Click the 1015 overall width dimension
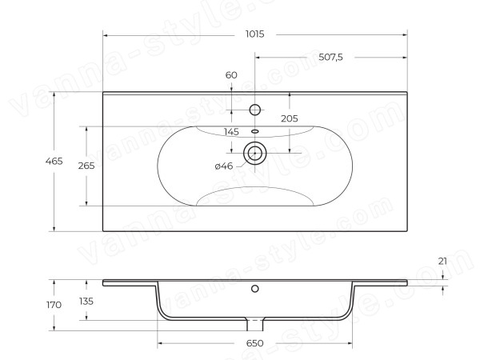point(254,34)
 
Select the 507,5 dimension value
point(330,57)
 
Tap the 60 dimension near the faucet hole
point(231,75)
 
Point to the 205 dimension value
point(290,118)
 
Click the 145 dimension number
point(231,132)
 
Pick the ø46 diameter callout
point(224,166)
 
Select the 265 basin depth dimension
point(86,166)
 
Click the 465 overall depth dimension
point(54,161)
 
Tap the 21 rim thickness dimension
point(442,261)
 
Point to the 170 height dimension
point(54,305)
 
